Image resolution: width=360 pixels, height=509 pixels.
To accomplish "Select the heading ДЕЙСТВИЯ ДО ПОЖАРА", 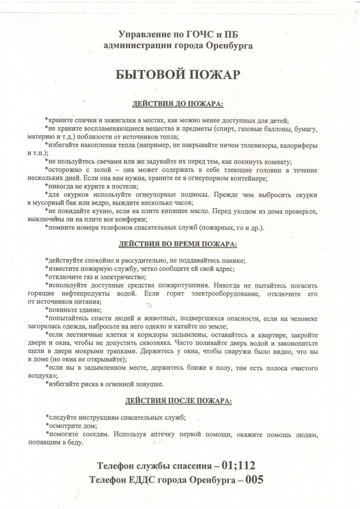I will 178,104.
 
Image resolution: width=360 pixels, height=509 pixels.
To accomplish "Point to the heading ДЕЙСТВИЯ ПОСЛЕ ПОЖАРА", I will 178,400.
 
